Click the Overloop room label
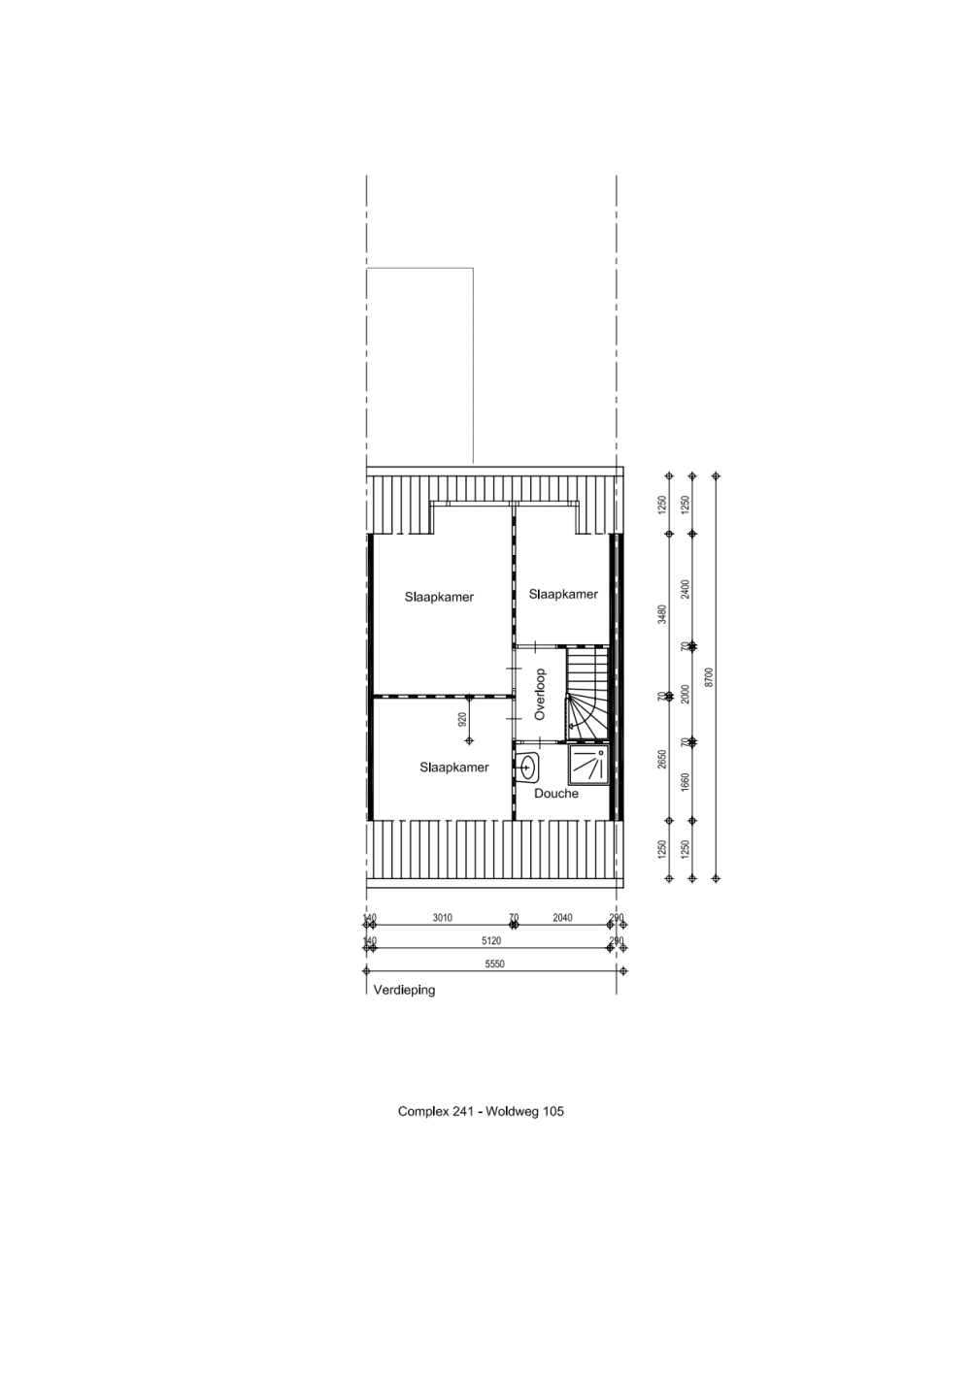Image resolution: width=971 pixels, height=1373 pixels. (541, 694)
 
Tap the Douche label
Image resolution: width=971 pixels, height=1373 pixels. (556, 794)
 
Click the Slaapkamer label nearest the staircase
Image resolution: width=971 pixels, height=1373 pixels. (563, 594)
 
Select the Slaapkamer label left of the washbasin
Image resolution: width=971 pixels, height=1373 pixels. (453, 768)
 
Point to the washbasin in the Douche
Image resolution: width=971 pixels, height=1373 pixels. (528, 767)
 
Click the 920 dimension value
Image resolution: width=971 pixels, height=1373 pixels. (462, 719)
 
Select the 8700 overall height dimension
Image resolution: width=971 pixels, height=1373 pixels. (709, 676)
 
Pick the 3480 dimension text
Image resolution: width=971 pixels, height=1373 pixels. (661, 614)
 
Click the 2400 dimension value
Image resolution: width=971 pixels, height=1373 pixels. (685, 589)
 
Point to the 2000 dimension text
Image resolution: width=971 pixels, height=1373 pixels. (685, 695)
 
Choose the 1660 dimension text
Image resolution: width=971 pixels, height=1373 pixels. (685, 783)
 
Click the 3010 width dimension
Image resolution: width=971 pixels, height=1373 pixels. (442, 917)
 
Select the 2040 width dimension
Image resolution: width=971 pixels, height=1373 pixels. (562, 917)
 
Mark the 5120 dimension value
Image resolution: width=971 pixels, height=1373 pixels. (489, 940)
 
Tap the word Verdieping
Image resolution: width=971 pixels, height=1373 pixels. (404, 991)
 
